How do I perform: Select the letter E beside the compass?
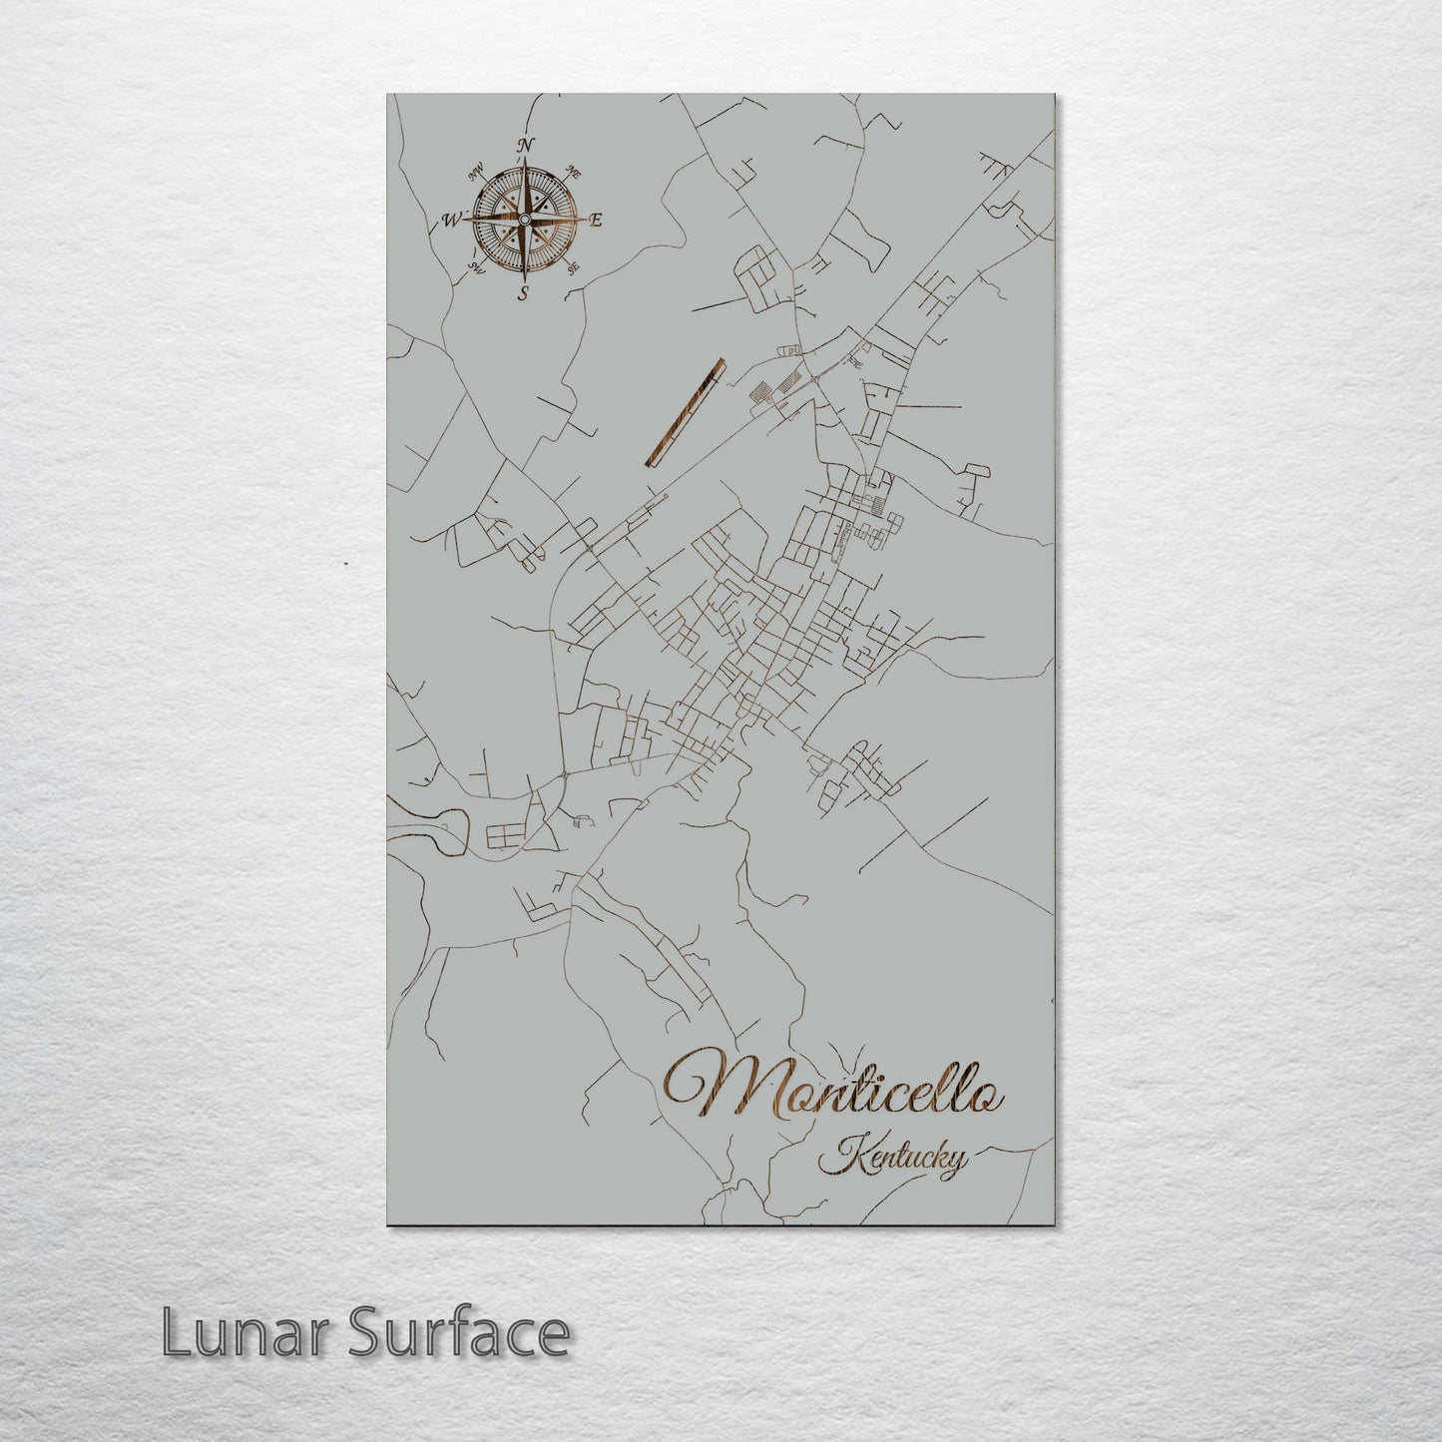[597, 220]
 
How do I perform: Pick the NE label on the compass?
[574, 171]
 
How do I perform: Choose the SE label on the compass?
[573, 267]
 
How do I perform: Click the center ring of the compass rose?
[525, 219]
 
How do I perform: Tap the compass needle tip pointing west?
[465, 220]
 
